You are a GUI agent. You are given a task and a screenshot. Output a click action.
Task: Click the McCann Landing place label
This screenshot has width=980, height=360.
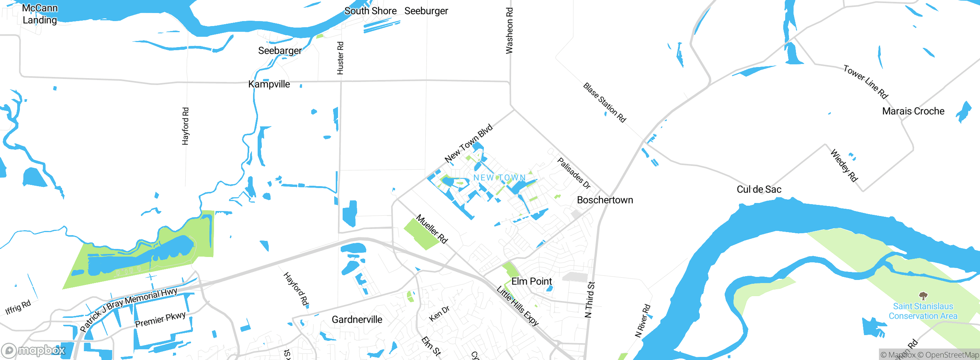(40, 14)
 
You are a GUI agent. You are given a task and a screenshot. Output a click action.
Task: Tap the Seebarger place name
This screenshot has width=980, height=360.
(280, 51)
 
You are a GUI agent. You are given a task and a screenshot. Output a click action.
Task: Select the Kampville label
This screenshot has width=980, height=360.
(269, 84)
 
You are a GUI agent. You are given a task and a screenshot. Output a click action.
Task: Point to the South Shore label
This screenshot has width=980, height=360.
(370, 11)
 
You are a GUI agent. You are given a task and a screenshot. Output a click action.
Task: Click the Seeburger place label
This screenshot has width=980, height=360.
(426, 11)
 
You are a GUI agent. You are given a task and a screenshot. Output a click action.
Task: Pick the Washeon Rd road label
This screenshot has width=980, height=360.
(509, 31)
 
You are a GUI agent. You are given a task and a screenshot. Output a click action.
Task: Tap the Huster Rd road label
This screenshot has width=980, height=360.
(340, 58)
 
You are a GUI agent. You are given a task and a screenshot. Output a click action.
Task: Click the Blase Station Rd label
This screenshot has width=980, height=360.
(604, 102)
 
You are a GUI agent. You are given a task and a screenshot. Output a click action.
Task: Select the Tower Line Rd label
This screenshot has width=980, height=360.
(866, 82)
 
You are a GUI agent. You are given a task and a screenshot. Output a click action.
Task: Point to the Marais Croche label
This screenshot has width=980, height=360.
(913, 111)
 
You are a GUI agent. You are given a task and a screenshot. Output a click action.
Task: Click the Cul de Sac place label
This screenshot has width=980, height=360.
(759, 190)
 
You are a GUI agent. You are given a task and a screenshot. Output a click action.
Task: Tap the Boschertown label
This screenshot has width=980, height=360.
(605, 200)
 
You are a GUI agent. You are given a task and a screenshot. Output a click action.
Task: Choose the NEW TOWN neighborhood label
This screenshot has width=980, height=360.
(500, 178)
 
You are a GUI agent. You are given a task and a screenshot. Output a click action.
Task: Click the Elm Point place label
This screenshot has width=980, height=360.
(531, 281)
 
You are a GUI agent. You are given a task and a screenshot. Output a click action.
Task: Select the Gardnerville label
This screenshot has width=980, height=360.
(357, 320)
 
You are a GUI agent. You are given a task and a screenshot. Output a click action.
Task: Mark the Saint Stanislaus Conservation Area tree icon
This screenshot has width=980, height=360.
(923, 296)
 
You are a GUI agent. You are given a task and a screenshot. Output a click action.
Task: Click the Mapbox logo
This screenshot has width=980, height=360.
(34, 350)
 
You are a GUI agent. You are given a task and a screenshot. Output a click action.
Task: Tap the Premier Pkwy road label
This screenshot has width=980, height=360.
(160, 319)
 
